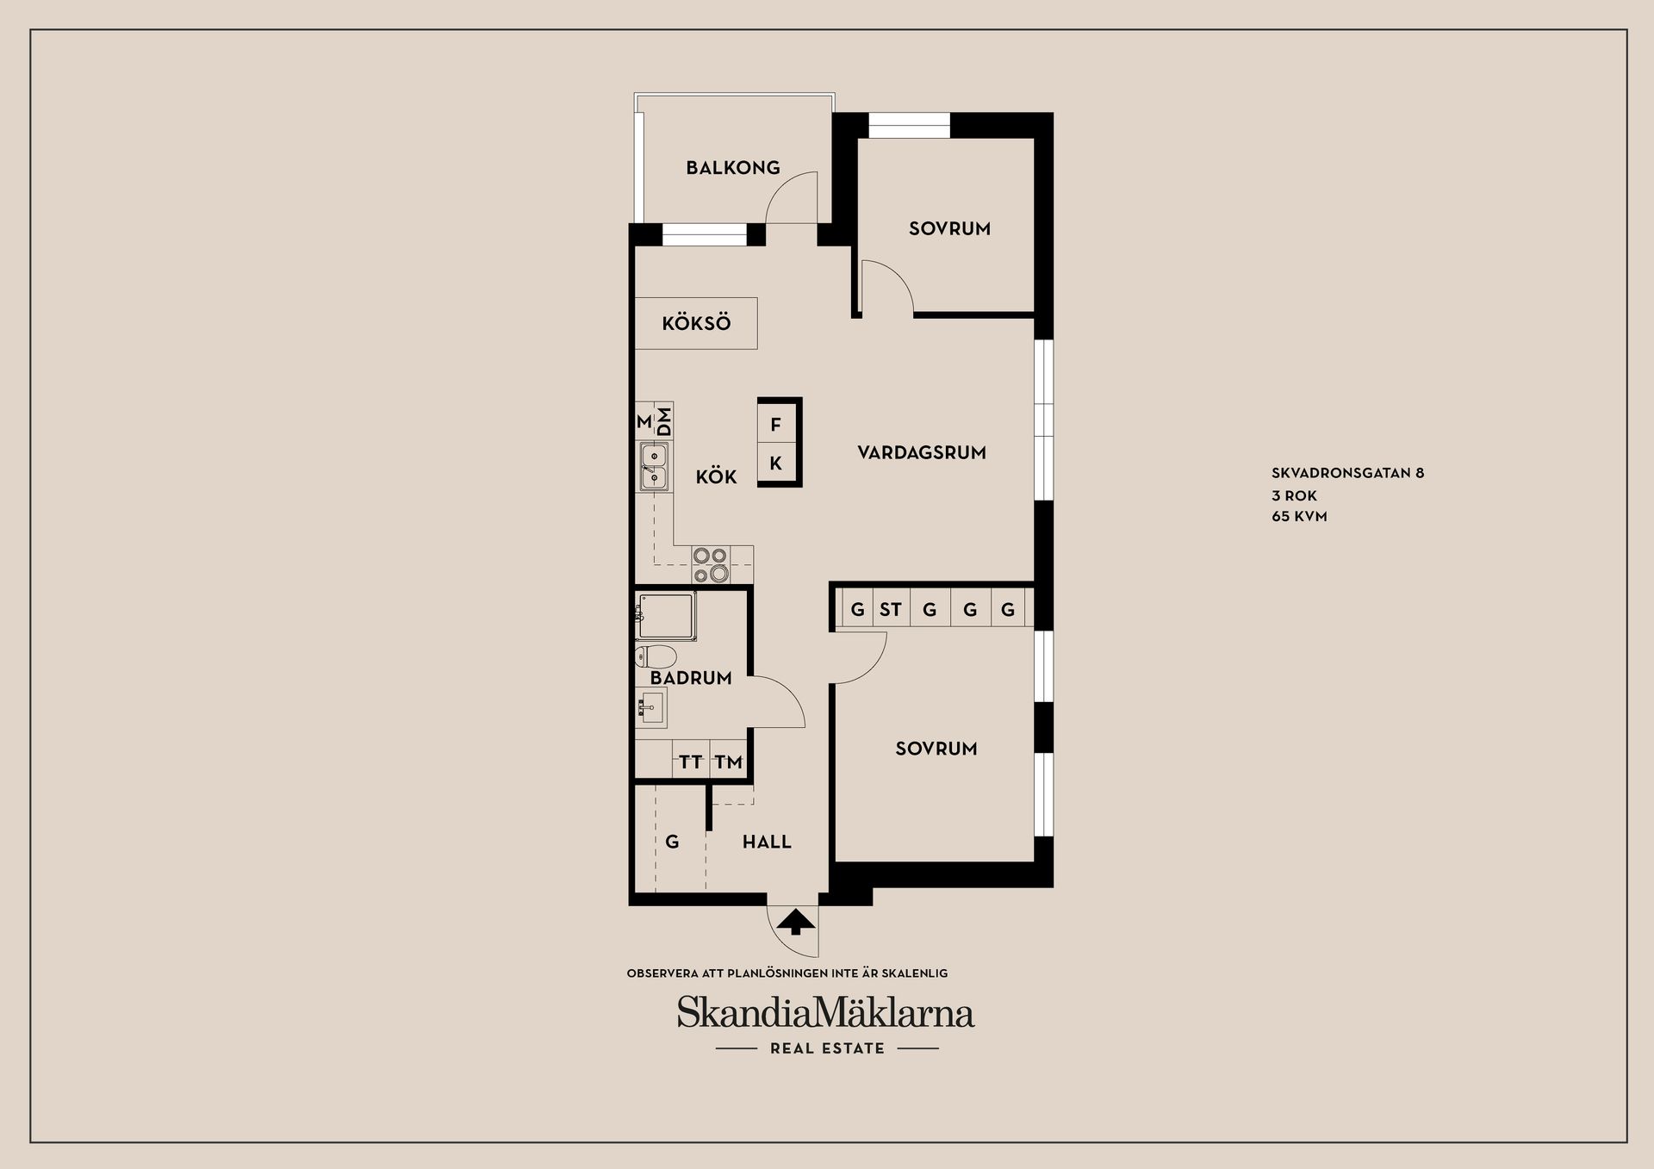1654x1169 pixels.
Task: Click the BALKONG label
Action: pyautogui.click(x=732, y=168)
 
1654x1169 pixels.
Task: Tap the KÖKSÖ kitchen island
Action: pyautogui.click(x=696, y=323)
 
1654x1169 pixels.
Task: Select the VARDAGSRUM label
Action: pyautogui.click(x=921, y=452)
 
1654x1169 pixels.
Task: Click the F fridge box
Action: pyautogui.click(x=775, y=425)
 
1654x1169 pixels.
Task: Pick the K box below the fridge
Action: pyautogui.click(x=775, y=463)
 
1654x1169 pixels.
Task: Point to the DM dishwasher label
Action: pyautogui.click(x=664, y=421)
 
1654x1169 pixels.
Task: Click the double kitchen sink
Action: pyautogui.click(x=653, y=466)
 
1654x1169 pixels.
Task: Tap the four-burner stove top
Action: pyautogui.click(x=711, y=565)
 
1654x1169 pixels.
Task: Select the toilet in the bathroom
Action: pyautogui.click(x=653, y=657)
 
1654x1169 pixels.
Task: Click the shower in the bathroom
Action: pyautogui.click(x=666, y=614)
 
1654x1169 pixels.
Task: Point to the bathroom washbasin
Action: pyautogui.click(x=650, y=708)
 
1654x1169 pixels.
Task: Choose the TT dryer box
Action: pyautogui.click(x=690, y=762)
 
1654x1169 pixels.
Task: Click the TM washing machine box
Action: pyautogui.click(x=728, y=762)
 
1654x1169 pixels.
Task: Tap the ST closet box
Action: pyautogui.click(x=890, y=610)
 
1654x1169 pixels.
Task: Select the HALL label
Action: pyautogui.click(x=767, y=842)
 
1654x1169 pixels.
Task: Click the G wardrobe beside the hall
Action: pyautogui.click(x=672, y=842)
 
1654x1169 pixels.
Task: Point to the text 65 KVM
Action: pyautogui.click(x=1299, y=517)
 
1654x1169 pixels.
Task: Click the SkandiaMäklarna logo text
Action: pyautogui.click(x=825, y=1013)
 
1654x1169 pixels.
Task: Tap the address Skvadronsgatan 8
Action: pyautogui.click(x=1347, y=473)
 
